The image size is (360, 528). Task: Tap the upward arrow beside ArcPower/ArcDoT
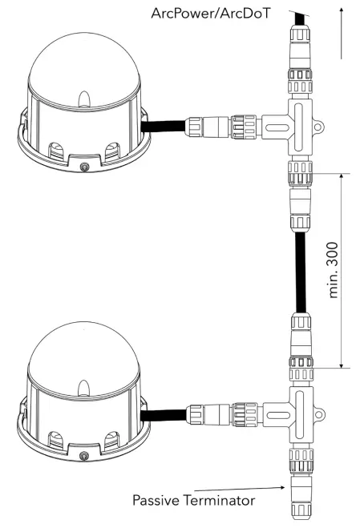pyautogui.click(x=342, y=32)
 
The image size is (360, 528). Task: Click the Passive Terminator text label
pyautogui.click(x=194, y=501)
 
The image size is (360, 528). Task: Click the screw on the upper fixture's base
pyautogui.click(x=85, y=167)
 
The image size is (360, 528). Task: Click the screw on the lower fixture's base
pyautogui.click(x=86, y=457)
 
